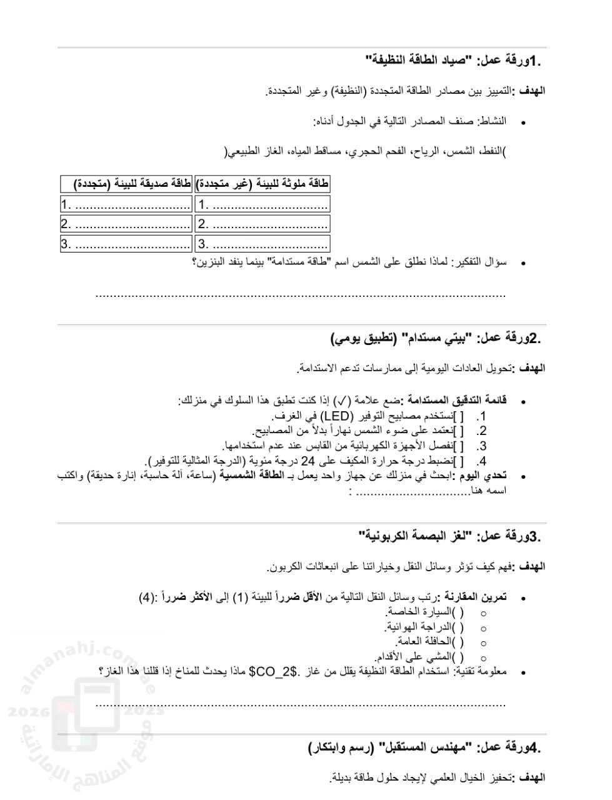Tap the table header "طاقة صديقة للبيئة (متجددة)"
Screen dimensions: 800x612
(126, 184)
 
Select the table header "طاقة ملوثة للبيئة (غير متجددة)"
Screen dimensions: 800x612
(263, 184)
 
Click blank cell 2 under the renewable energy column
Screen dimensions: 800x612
(126, 224)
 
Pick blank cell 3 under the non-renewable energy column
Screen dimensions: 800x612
(263, 244)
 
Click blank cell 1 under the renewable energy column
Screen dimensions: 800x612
(126, 204)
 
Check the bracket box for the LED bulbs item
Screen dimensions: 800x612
(458, 416)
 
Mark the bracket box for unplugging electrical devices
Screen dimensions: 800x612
(458, 446)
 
